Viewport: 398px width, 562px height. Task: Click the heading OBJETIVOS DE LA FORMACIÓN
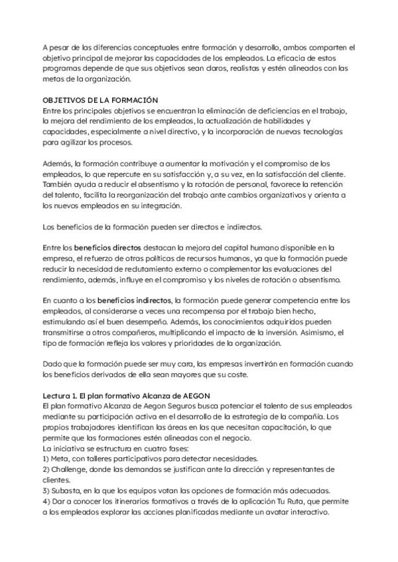pyautogui.click(x=96, y=99)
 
